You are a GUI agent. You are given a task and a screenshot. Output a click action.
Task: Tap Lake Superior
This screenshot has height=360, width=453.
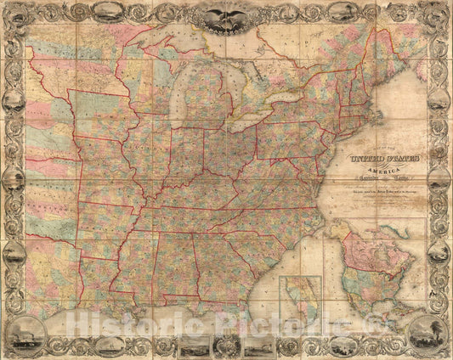[170, 48]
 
